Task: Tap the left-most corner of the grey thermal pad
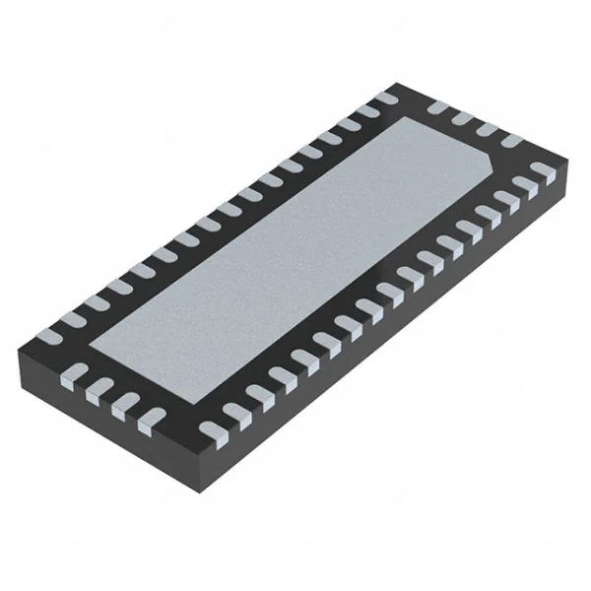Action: (92, 345)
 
